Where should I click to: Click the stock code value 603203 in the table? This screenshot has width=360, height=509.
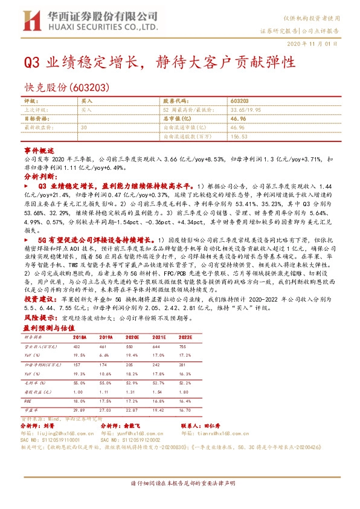pos(239,102)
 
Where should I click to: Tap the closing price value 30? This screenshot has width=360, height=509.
pos(83,128)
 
